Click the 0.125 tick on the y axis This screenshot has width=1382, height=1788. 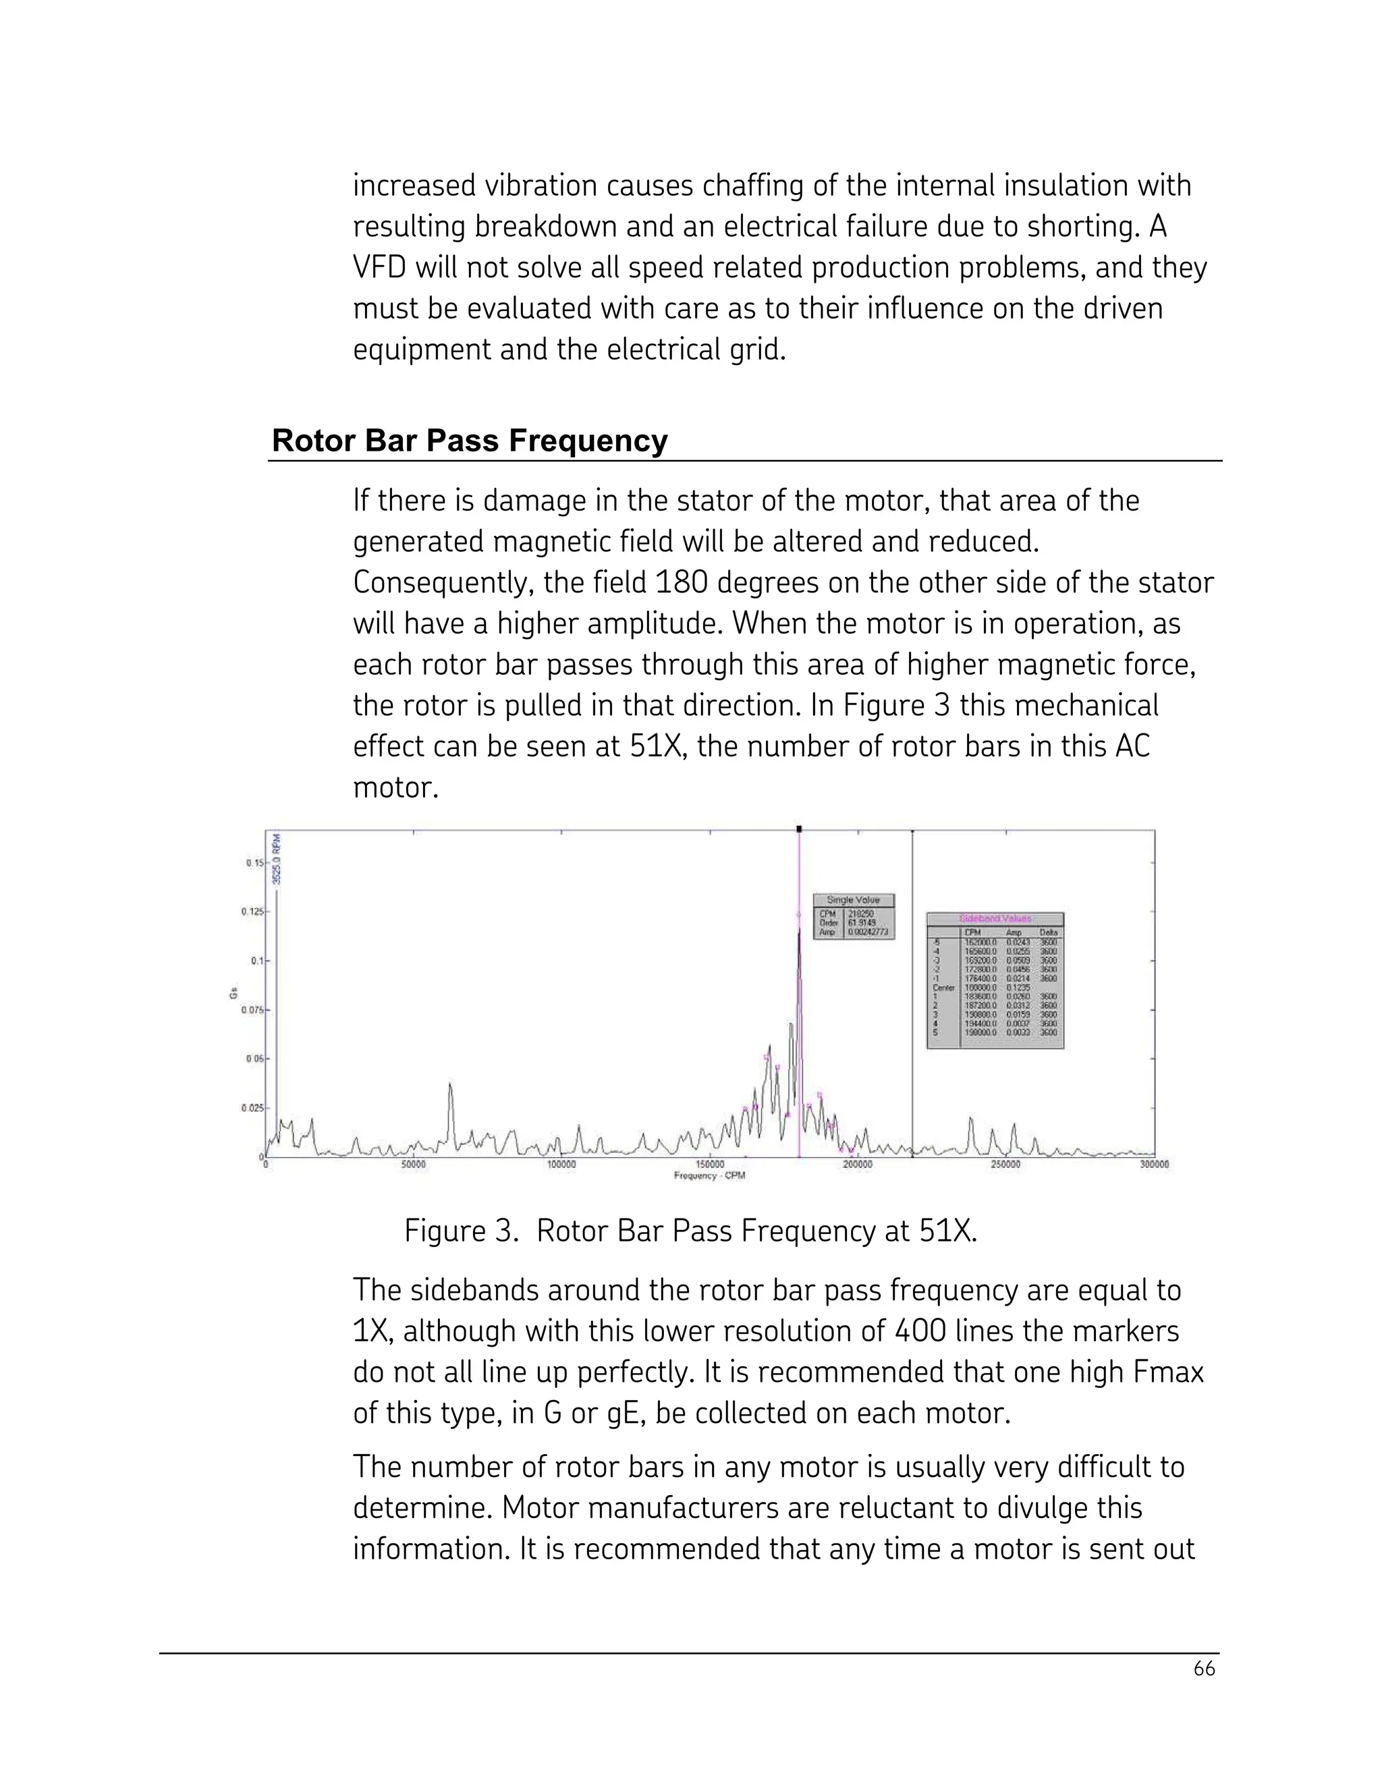(x=250, y=911)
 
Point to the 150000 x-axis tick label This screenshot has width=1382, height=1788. (x=709, y=1164)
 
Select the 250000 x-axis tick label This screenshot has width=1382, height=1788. (x=1005, y=1164)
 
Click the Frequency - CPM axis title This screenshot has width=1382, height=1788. (x=709, y=1175)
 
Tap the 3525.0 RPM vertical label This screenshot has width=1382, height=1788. (x=277, y=859)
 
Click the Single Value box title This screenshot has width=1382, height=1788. (x=853, y=899)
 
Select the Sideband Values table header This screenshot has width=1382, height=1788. (x=995, y=918)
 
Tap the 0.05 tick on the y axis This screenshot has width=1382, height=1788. (x=252, y=1059)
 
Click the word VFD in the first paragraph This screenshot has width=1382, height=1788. (x=379, y=268)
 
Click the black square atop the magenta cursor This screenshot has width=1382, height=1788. (x=799, y=829)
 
